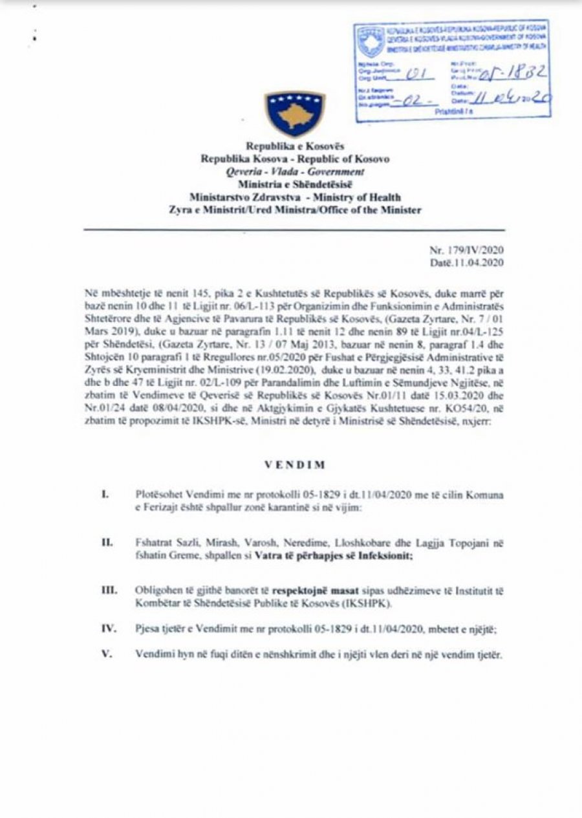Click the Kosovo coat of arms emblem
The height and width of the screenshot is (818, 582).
pos(294,113)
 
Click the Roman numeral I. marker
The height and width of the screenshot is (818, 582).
pos(105,495)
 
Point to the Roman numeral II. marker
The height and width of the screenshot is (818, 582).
pos(107,541)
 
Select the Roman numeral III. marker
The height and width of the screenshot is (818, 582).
pos(109,590)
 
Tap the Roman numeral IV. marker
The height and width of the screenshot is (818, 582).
pos(108,627)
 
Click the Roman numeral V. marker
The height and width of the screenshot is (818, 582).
pos(107,654)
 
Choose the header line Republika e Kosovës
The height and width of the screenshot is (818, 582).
pos(294,147)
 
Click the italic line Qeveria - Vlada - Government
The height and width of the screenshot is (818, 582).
pos(294,171)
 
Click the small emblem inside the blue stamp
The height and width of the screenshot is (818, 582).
pos(371,41)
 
